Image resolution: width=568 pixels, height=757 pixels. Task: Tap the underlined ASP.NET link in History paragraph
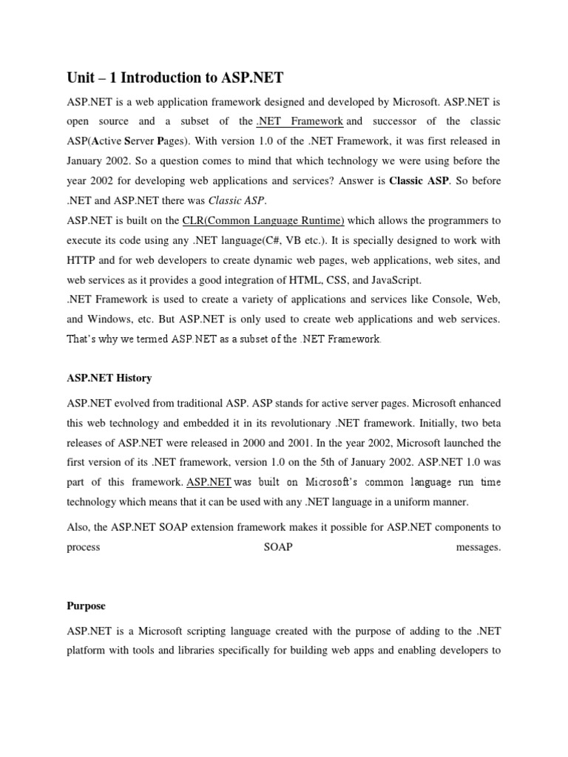tap(209, 483)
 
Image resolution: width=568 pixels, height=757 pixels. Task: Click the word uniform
tap(425, 503)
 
